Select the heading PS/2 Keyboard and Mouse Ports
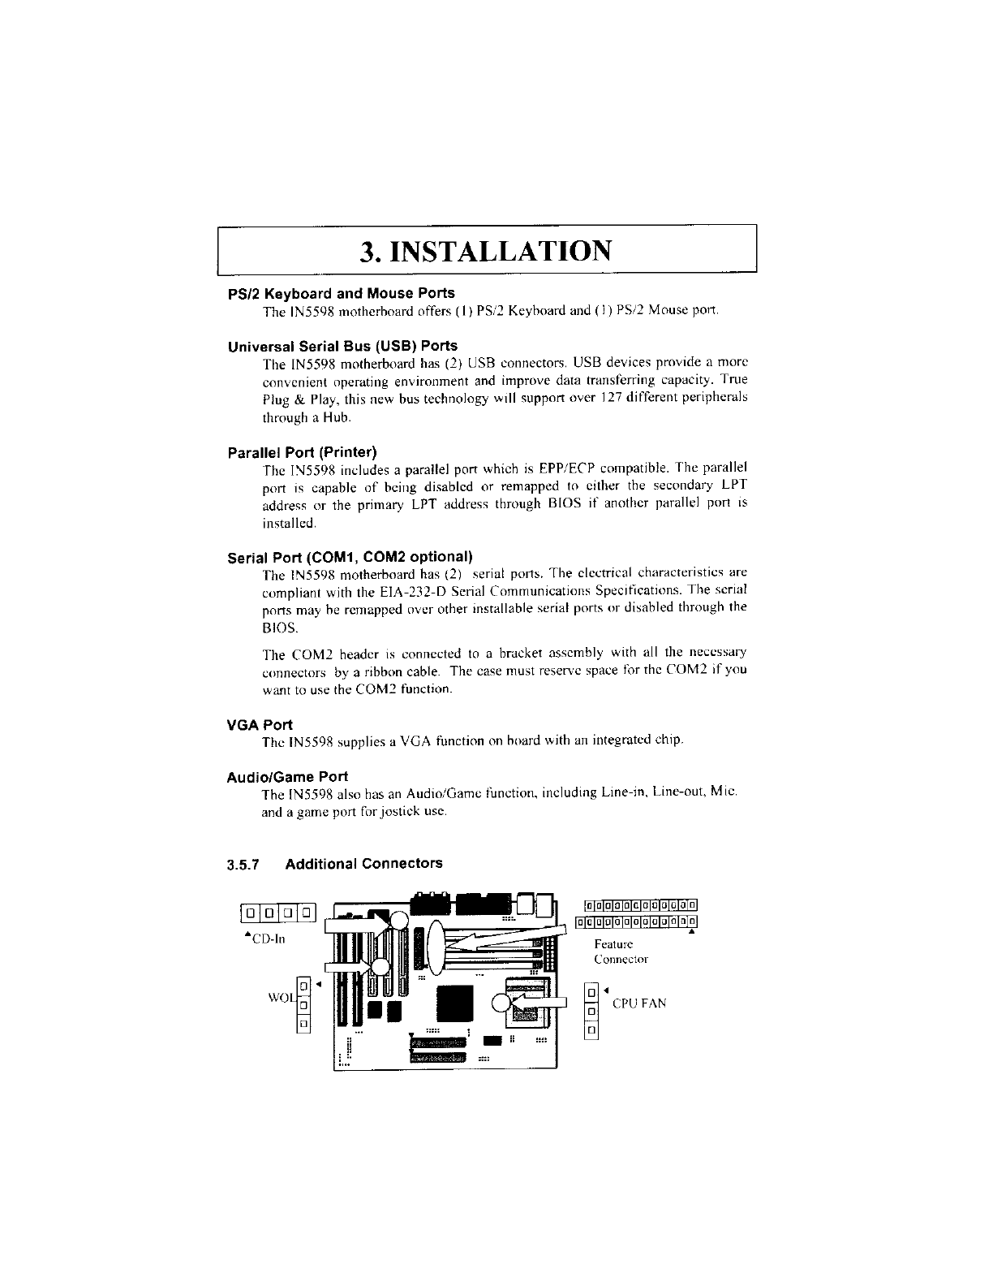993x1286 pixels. tap(342, 292)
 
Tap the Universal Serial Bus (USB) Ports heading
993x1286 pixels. tap(342, 346)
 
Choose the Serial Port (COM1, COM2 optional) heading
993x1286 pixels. tap(350, 557)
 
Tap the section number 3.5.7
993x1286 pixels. tap(243, 864)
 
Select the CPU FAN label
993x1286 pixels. tap(639, 1003)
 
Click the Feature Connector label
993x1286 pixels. tap(613, 952)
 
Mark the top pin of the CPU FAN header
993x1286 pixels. tap(592, 993)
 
